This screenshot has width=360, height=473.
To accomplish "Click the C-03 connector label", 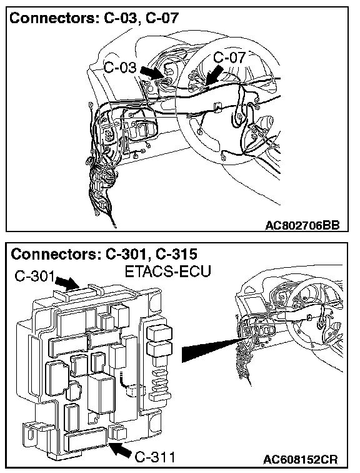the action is tap(120, 68).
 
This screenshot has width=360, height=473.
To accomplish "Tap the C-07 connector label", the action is tap(229, 58).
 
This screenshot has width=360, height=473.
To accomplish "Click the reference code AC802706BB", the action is tap(302, 225).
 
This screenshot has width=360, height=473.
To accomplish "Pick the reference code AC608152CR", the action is tap(301, 459).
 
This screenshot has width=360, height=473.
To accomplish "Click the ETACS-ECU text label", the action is tap(167, 272).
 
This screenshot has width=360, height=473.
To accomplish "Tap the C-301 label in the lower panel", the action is tap(34, 276).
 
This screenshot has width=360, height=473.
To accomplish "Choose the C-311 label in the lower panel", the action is tap(154, 457).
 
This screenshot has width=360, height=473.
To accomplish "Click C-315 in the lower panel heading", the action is tap(176, 254).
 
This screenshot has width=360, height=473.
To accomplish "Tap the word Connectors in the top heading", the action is tap(52, 18).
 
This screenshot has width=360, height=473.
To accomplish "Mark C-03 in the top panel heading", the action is tap(122, 18).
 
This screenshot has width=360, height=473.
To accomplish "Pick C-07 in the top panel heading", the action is tap(162, 18).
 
